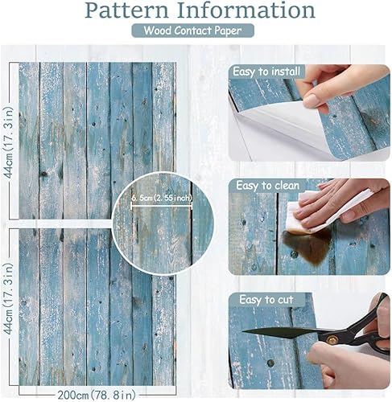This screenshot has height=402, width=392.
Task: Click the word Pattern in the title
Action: [x=130, y=11]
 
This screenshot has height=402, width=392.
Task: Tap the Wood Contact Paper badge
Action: [x=196, y=31]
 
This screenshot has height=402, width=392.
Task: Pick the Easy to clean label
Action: [x=266, y=186]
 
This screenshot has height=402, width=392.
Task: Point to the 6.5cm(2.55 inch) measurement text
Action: [x=162, y=195]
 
